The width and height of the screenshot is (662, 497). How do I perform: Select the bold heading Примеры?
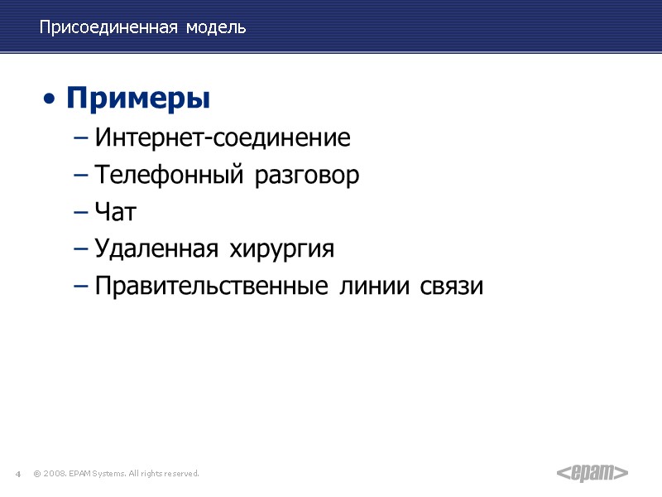coord(138,99)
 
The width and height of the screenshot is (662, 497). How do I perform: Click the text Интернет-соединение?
coord(223,138)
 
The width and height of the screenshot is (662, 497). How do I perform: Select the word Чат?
coord(115,212)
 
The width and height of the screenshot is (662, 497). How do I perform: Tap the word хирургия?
coord(285,249)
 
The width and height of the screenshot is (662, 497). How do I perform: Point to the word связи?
coord(451,287)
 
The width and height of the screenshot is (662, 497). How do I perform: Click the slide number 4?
coord(17,474)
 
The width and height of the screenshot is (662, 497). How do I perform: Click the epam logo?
coord(592,473)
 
